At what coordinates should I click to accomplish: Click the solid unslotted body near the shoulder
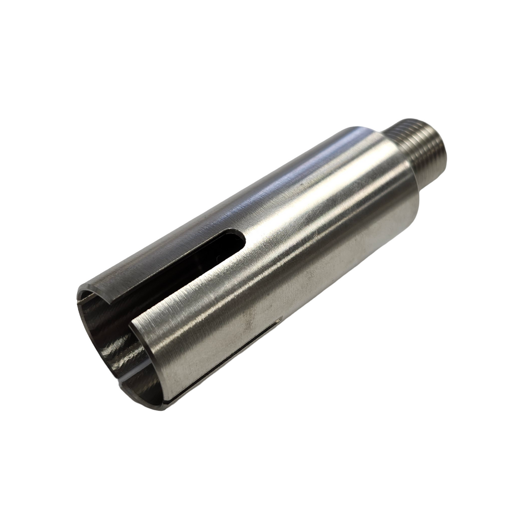pos(349,196)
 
